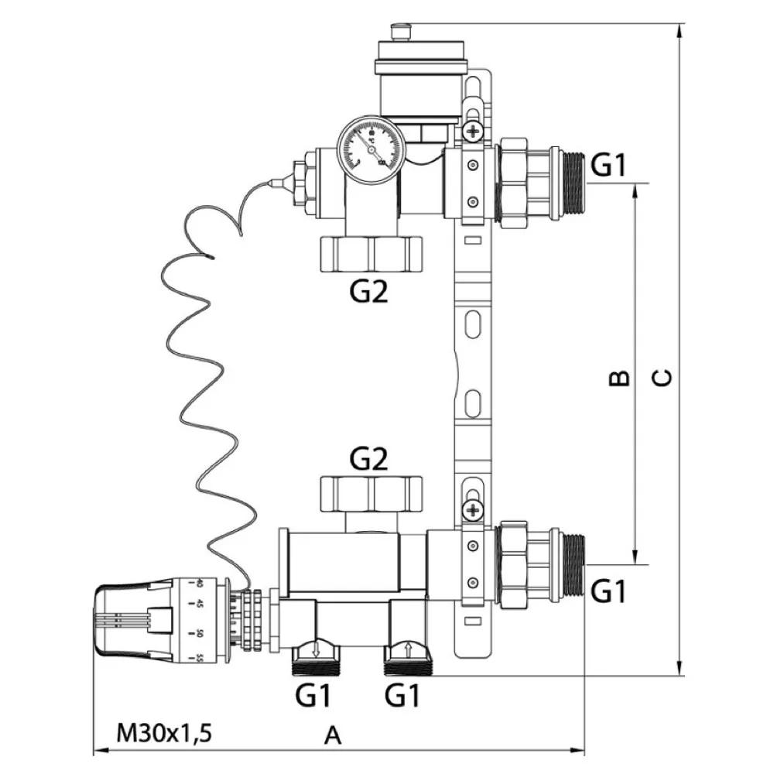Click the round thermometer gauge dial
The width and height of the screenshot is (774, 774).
tap(367, 148)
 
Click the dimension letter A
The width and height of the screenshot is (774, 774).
tap(332, 735)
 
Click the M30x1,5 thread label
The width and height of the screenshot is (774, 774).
tap(163, 732)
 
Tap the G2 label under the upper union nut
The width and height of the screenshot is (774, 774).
tap(368, 293)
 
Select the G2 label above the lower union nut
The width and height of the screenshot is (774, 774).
tap(368, 460)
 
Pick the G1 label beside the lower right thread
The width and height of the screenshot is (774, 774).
tap(608, 592)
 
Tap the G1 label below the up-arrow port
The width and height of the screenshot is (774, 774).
tap(403, 697)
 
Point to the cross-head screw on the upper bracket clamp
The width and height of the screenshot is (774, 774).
tap(471, 132)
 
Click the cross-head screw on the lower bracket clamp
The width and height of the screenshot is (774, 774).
tap(471, 510)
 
